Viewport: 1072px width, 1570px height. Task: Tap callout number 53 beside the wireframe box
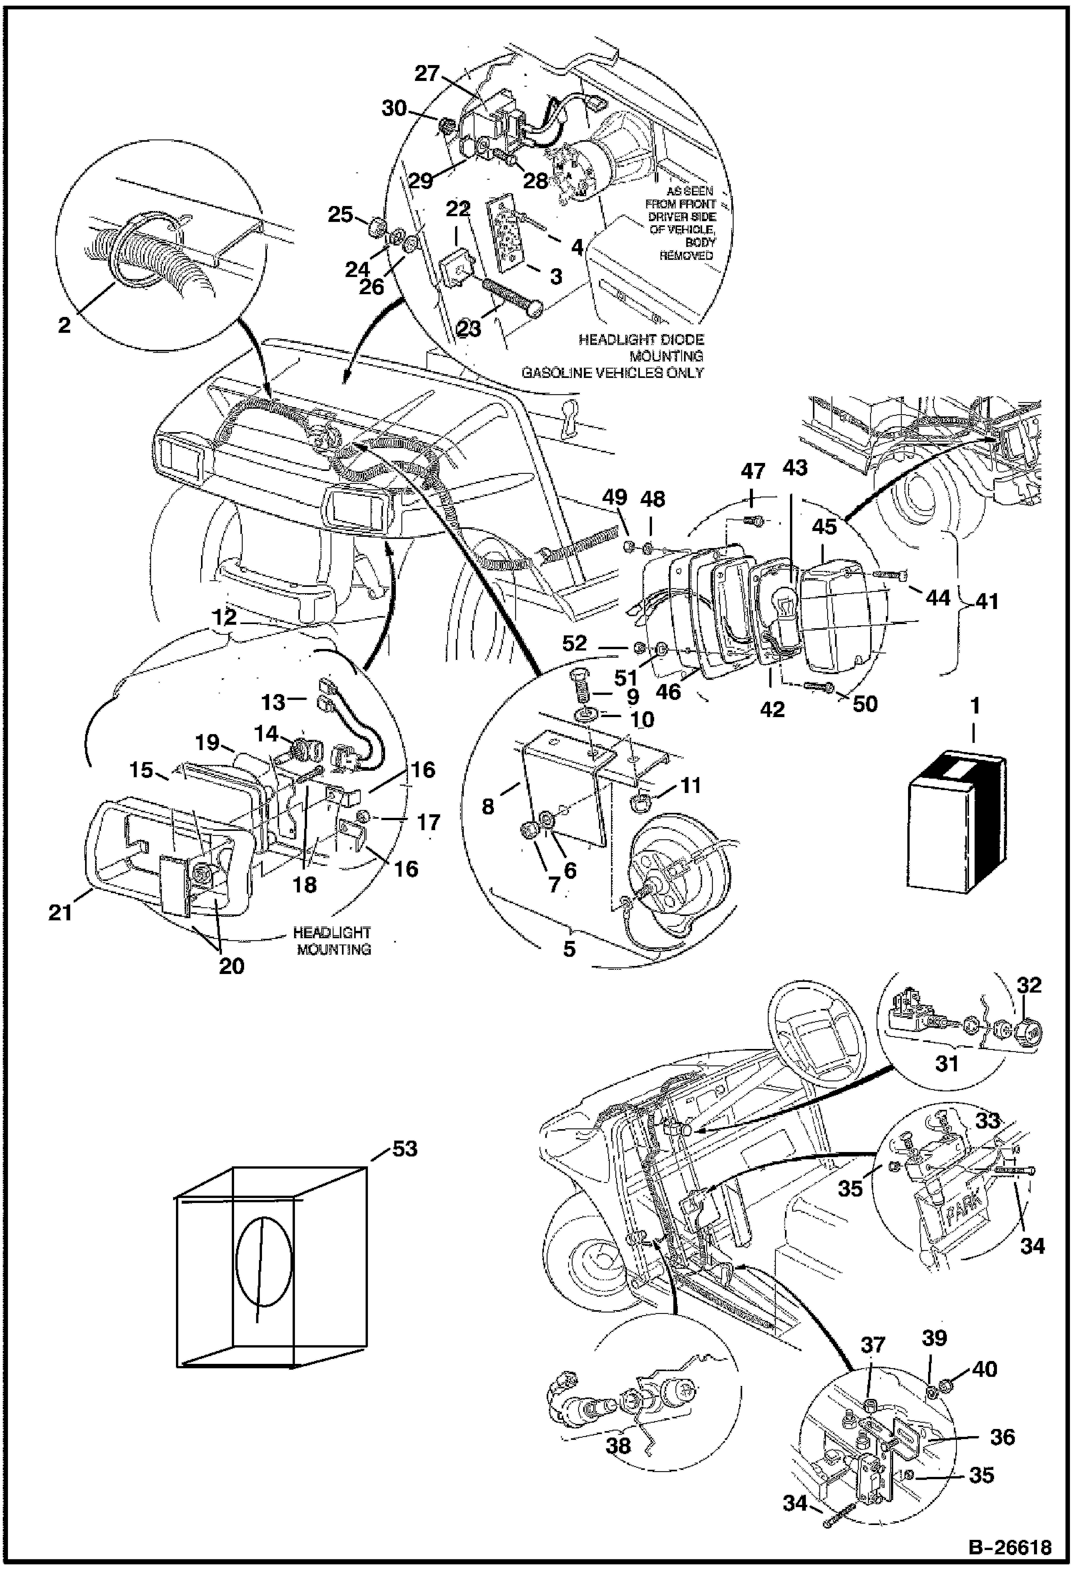tap(404, 1150)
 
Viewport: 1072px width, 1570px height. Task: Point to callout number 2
tap(64, 326)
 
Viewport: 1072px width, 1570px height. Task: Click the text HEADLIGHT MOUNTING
tap(332, 941)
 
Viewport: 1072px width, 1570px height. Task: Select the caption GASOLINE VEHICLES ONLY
tap(613, 373)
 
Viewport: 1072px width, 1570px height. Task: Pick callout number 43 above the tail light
tap(794, 467)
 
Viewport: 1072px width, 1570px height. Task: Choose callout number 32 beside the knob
tap(1029, 985)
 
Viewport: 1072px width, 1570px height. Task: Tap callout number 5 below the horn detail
tap(570, 949)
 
